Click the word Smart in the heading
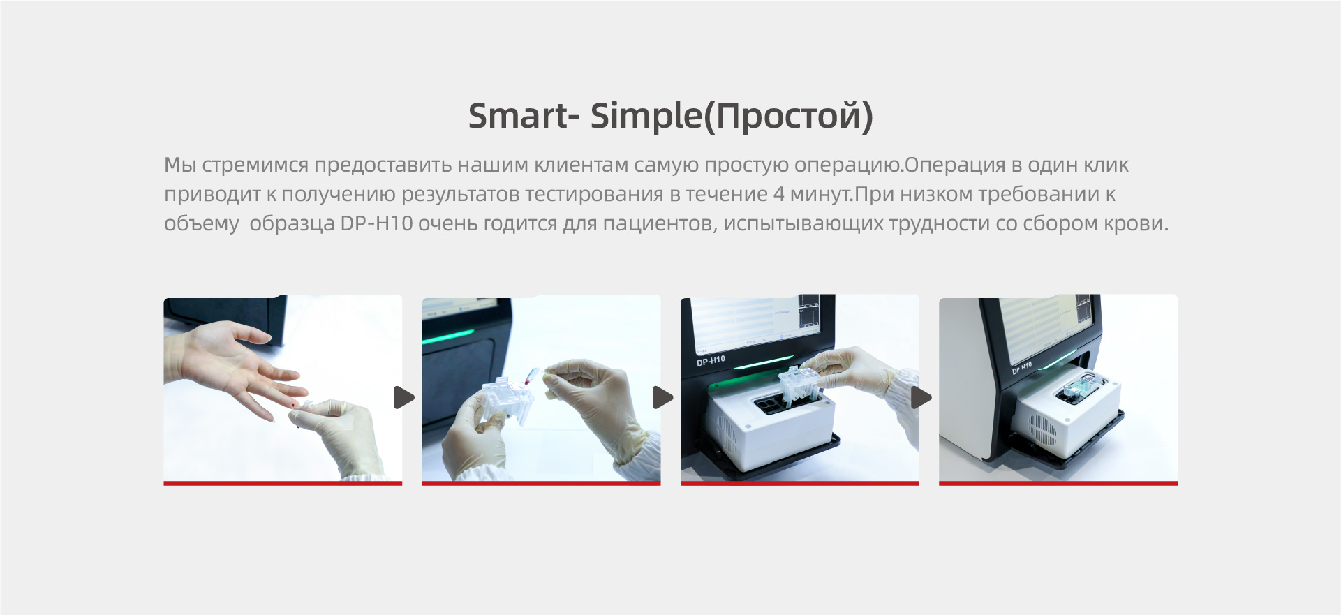pos(519,115)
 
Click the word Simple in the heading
pos(646,117)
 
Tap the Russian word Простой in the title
pos(790,116)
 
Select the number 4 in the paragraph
pos(778,194)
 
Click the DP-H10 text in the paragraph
pos(376,223)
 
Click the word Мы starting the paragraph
pos(179,165)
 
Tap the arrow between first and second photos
pos(404,397)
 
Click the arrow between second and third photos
pos(662,397)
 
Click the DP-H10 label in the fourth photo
pos(1022,368)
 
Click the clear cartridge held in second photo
pos(508,399)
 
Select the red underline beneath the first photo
pos(283,483)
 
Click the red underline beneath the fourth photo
pos(1058,483)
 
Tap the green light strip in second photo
pos(449,337)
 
